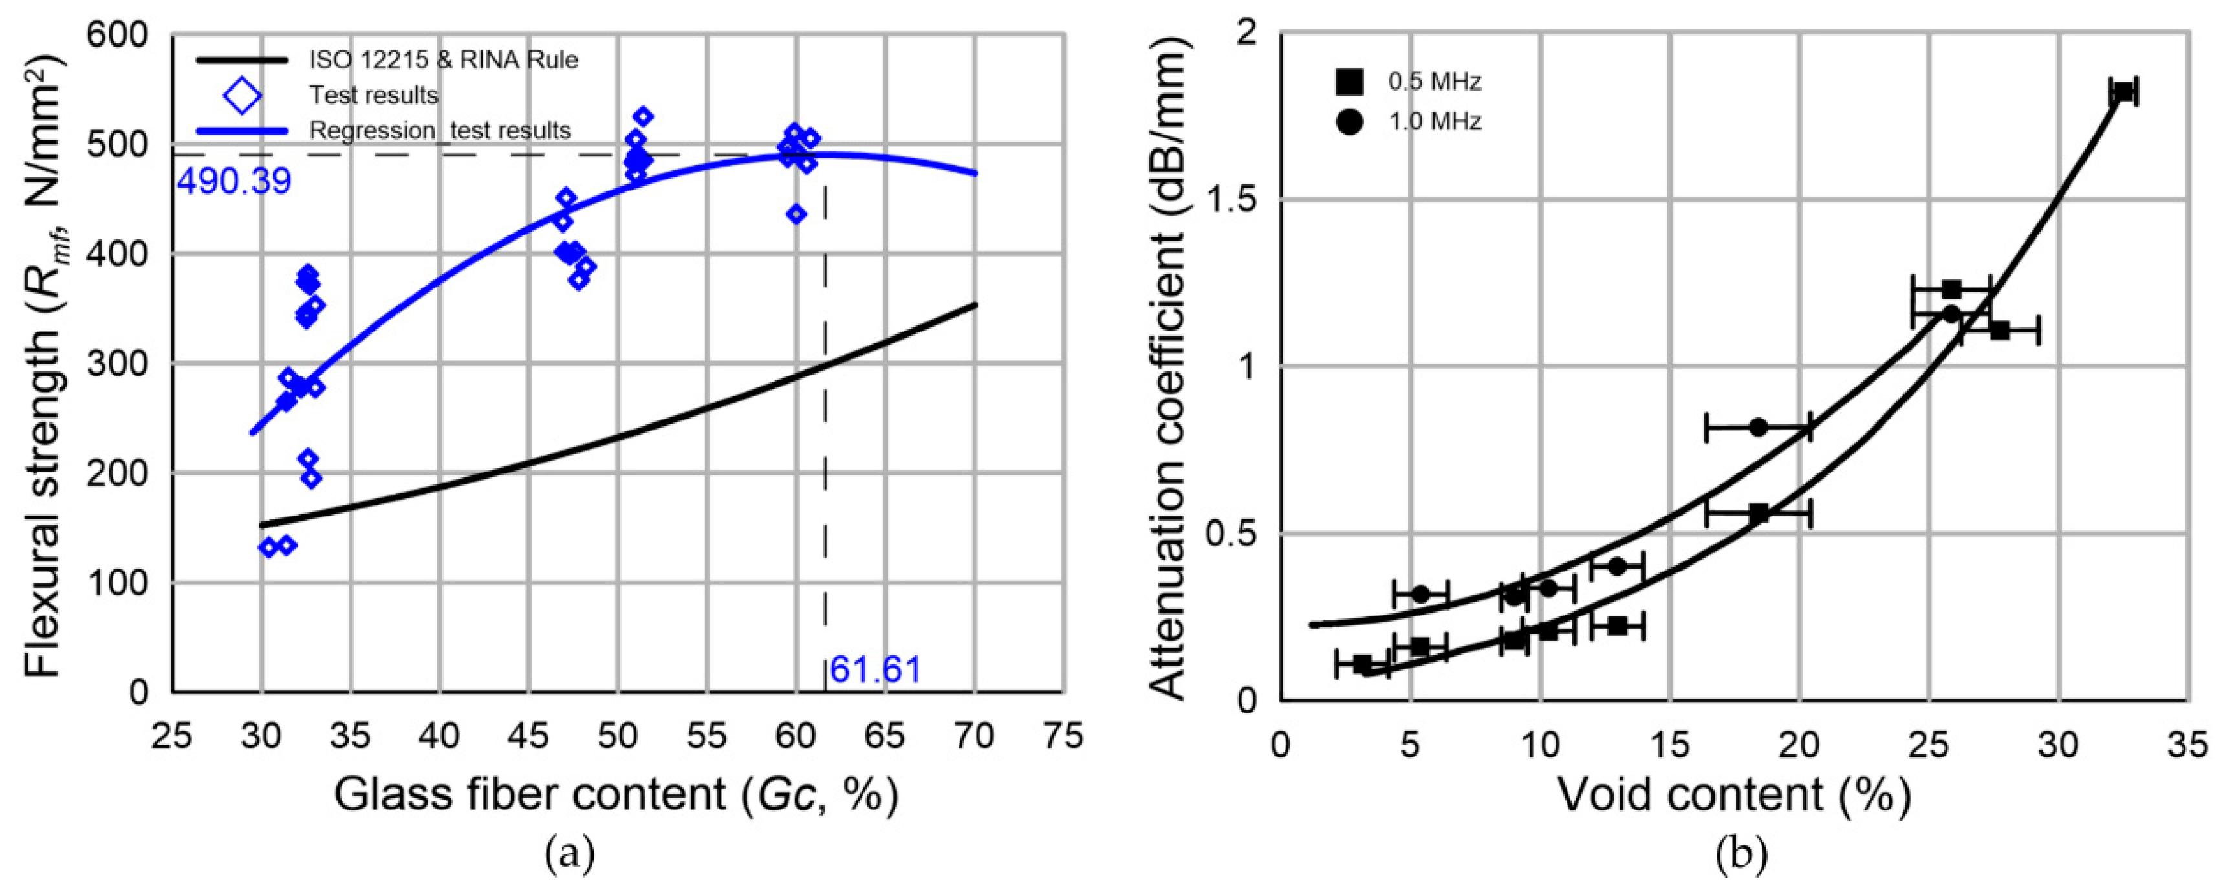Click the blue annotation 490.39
(234, 182)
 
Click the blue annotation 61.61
(875, 670)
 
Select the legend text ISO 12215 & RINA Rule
(444, 60)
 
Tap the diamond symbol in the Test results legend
(242, 95)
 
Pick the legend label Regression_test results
(440, 130)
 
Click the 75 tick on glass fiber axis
(1062, 737)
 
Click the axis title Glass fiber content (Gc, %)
(616, 794)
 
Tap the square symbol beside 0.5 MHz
(1349, 82)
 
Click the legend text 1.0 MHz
(1435, 122)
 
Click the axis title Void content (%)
(1733, 794)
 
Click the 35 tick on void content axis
(2187, 744)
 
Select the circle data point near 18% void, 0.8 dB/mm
(1758, 426)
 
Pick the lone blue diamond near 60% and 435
(797, 214)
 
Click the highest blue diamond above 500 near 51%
(643, 116)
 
